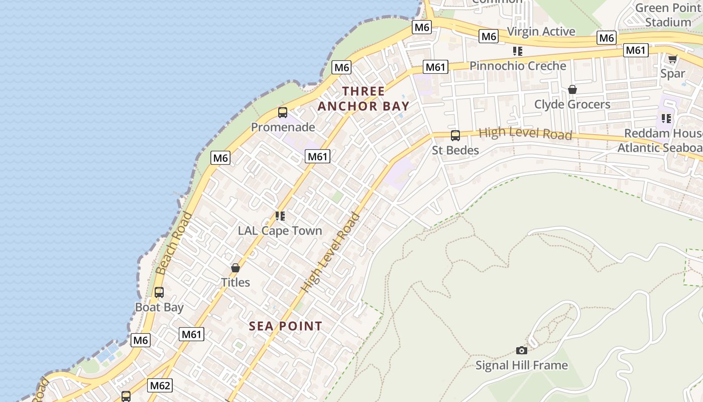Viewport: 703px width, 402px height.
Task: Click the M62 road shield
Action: (160, 386)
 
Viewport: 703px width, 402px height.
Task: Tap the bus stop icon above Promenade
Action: (283, 113)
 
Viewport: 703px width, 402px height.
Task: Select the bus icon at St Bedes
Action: (455, 135)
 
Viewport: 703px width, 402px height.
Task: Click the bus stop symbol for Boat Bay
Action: (159, 292)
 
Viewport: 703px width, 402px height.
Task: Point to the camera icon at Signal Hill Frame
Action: (522, 350)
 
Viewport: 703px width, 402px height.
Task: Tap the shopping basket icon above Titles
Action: (236, 268)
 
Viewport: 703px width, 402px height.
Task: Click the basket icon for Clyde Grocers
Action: (572, 89)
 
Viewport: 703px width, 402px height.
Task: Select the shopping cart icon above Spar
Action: (672, 59)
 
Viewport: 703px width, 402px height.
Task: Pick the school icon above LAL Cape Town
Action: (280, 216)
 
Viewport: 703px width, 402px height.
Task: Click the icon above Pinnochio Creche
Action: (518, 51)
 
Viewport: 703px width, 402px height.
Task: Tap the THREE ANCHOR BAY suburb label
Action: (364, 98)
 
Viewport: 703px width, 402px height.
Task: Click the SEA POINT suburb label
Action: (286, 326)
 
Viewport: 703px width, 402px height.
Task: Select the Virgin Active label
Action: (541, 32)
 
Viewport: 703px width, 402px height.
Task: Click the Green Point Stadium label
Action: (668, 15)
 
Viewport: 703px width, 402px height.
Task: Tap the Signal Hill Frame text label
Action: (522, 365)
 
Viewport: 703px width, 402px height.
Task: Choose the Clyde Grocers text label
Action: (572, 105)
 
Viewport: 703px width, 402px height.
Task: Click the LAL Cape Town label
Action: (280, 231)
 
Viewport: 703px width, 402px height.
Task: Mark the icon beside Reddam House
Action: (666, 119)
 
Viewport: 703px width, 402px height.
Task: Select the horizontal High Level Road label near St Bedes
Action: (525, 134)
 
